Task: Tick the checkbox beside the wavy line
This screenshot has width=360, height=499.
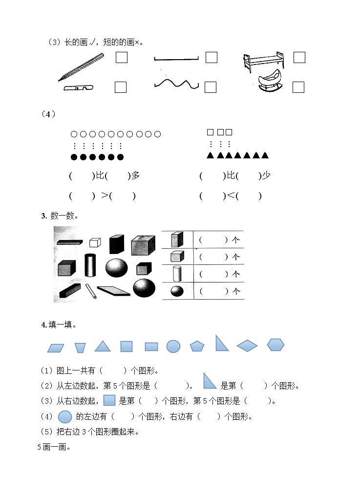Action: coord(211,87)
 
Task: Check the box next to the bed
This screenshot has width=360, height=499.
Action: coord(299,58)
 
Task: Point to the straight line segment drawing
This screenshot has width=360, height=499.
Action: coord(176,59)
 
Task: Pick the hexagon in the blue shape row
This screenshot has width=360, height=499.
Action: coord(275,345)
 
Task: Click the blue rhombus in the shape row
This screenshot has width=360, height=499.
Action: coord(247,346)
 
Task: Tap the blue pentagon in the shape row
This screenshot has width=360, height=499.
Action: coord(197,346)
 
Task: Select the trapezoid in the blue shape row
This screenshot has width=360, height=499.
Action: coord(80,347)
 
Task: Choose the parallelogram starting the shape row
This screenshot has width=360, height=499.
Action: coord(56,348)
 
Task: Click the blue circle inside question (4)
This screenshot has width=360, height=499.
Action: coord(65,417)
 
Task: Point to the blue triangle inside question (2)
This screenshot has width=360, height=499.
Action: coord(210,381)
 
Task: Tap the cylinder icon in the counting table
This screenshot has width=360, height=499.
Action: coord(177,273)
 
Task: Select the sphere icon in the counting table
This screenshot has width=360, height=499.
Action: coord(177,291)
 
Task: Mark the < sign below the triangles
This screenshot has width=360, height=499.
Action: coord(230,196)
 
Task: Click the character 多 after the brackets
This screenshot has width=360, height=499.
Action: coord(135,175)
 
